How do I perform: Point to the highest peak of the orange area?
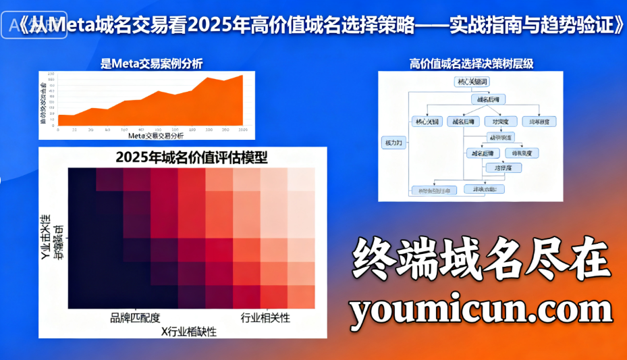(242, 75)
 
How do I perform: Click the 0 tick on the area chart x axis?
(58, 129)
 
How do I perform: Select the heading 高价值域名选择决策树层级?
(471, 64)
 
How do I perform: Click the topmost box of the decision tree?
(473, 82)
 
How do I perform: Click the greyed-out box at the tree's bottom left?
(434, 190)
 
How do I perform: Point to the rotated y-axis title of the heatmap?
(51, 238)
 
